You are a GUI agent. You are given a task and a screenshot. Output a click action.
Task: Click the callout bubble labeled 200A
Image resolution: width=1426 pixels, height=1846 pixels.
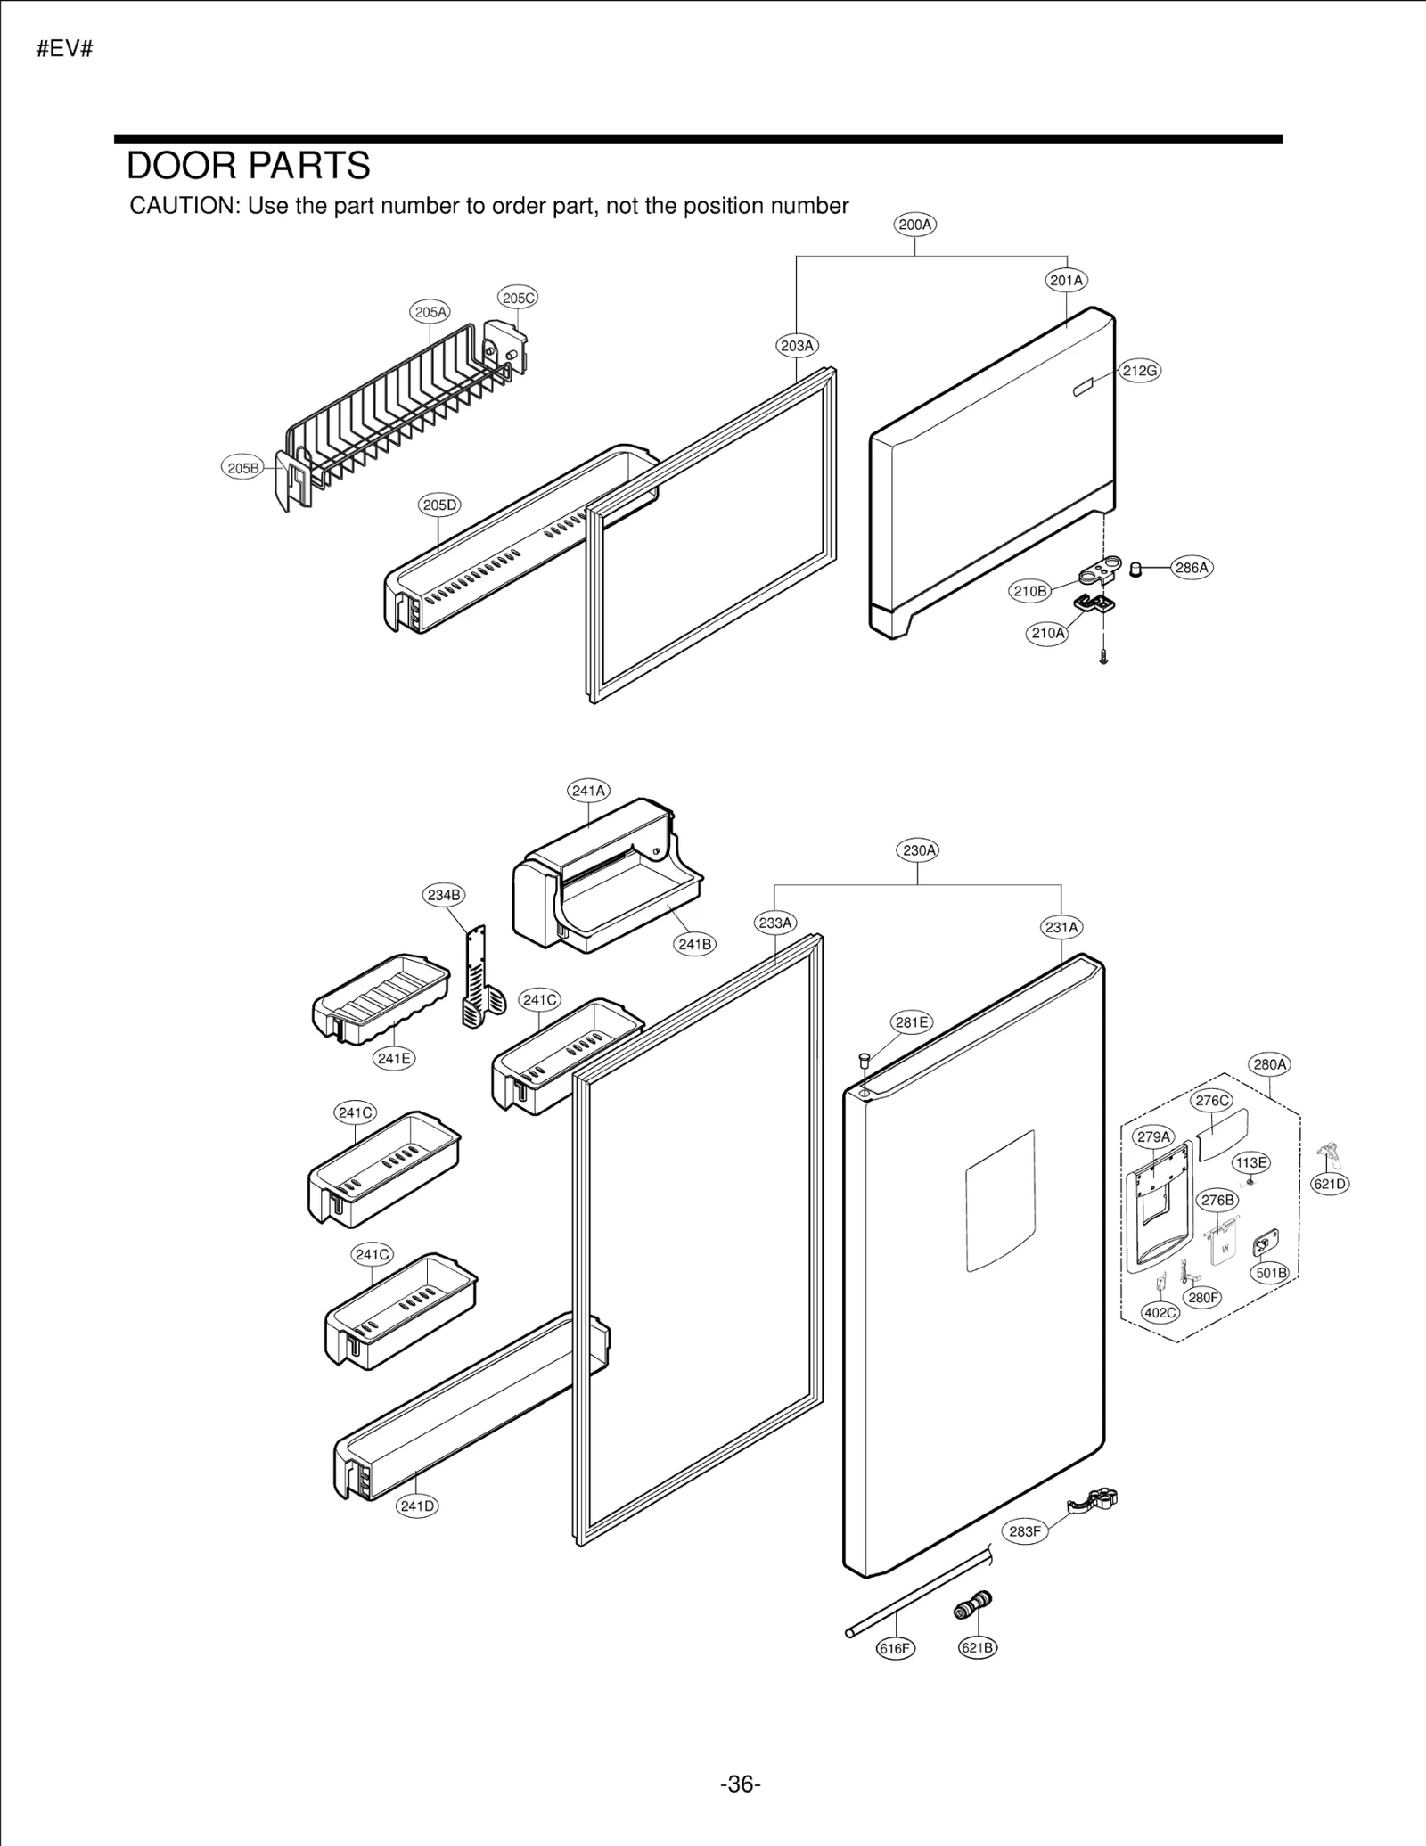(914, 225)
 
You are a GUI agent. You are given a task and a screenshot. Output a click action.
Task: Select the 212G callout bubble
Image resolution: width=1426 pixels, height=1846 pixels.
(1140, 371)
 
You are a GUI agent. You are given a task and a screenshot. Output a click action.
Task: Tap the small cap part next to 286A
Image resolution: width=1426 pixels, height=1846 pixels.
(1135, 569)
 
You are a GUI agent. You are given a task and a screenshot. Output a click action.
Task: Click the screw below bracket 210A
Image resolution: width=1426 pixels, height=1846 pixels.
(1103, 659)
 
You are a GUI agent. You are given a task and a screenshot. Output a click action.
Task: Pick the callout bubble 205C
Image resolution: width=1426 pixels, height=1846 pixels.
(518, 298)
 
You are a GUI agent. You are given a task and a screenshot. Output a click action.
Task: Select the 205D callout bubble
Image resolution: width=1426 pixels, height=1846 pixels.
(439, 505)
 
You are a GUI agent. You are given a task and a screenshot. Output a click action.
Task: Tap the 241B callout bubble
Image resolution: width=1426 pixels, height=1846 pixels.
(694, 944)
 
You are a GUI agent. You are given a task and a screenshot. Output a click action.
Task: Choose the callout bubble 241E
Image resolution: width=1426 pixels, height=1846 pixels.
(393, 1058)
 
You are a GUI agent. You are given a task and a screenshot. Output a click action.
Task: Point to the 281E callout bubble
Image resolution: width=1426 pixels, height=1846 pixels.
(912, 1022)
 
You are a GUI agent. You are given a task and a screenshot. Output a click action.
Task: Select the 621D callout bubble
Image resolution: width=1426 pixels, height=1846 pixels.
(1330, 1184)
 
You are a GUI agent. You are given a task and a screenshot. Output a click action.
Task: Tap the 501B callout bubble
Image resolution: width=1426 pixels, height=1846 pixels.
(1271, 1272)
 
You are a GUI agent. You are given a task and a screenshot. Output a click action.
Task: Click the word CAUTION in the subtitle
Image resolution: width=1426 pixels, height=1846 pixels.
(184, 206)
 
